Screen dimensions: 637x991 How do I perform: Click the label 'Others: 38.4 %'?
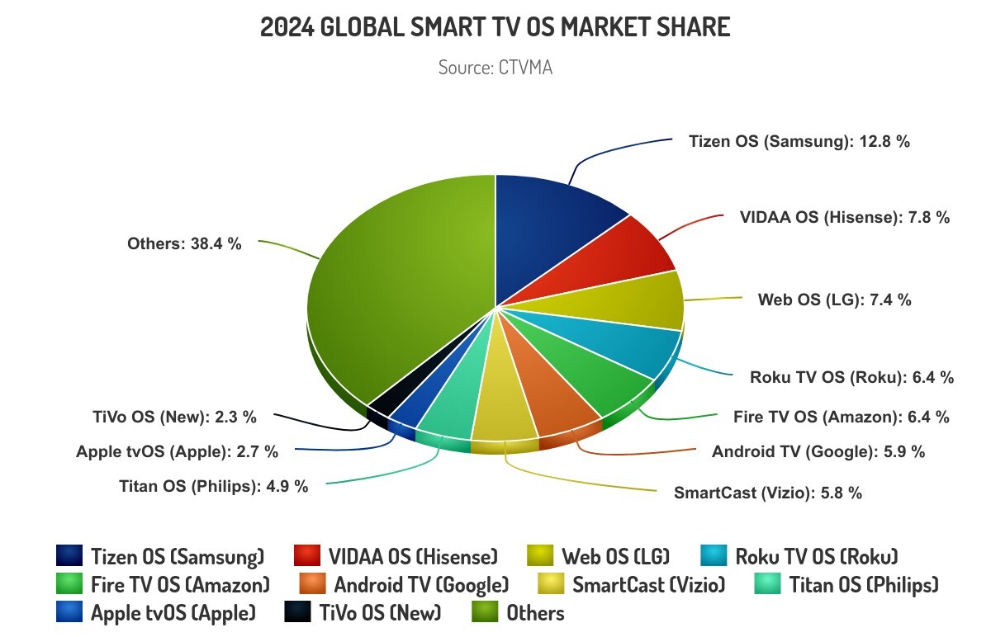click(x=184, y=243)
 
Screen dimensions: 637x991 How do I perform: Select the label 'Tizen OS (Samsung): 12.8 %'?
click(x=799, y=141)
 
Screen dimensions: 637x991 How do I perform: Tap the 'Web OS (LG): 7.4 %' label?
click(x=834, y=300)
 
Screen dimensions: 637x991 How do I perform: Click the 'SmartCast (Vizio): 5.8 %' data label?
click(x=768, y=493)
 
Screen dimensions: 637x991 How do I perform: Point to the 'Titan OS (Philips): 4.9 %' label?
click(x=214, y=486)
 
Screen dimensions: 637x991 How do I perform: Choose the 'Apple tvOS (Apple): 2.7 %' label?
click(x=177, y=451)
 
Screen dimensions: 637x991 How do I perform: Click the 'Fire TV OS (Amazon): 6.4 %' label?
click(x=841, y=417)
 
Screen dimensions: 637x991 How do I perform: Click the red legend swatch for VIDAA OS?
click(x=306, y=555)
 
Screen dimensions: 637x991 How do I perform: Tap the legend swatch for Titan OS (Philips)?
click(x=768, y=585)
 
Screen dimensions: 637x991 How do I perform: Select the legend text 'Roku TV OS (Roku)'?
click(x=816, y=555)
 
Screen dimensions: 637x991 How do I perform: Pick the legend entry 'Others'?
click(x=535, y=613)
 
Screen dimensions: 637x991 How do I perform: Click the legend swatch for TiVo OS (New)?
click(x=297, y=613)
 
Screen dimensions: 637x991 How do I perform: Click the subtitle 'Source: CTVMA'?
click(x=495, y=68)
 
